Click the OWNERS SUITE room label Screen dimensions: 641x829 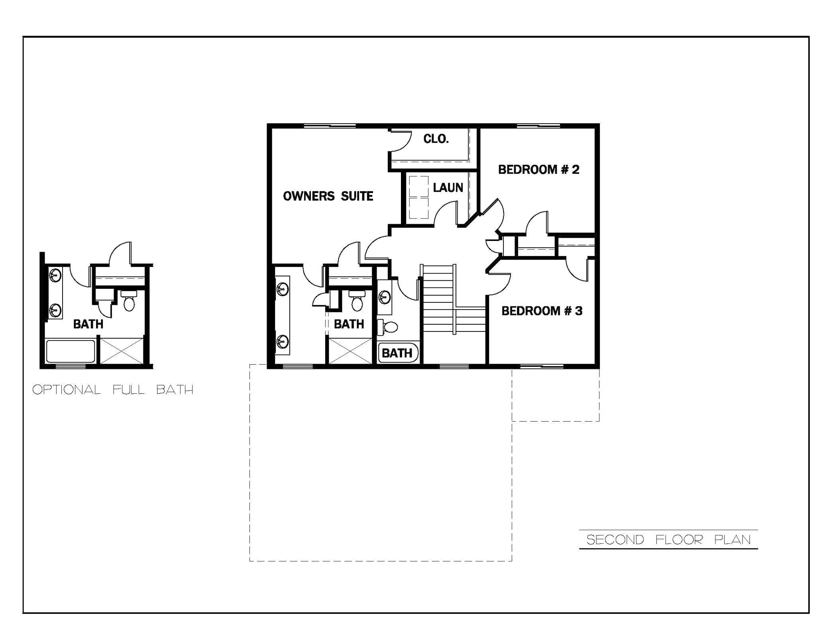pyautogui.click(x=328, y=196)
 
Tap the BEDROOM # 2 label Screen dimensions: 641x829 pyautogui.click(x=538, y=170)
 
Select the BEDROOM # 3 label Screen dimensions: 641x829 pyautogui.click(x=542, y=311)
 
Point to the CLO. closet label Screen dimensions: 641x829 pyautogui.click(x=436, y=139)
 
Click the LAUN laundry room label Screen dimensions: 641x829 pyautogui.click(x=448, y=187)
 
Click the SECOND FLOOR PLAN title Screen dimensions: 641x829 pyautogui.click(x=668, y=540)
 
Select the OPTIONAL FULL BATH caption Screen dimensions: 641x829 pyautogui.click(x=113, y=389)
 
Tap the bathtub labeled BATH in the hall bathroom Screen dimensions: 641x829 pyautogui.click(x=398, y=353)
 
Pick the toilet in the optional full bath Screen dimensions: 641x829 pyautogui.click(x=129, y=302)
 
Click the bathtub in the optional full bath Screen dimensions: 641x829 pyautogui.click(x=71, y=351)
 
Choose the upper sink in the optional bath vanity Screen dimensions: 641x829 pyautogui.click(x=55, y=275)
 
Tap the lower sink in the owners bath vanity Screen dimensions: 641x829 pyautogui.click(x=283, y=341)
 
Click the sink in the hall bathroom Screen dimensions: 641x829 pyautogui.click(x=385, y=297)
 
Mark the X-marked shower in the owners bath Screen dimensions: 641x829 pyautogui.click(x=350, y=351)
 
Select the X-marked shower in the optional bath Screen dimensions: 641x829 pyautogui.click(x=122, y=351)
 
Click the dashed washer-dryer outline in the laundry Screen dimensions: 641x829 pyautogui.click(x=418, y=197)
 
